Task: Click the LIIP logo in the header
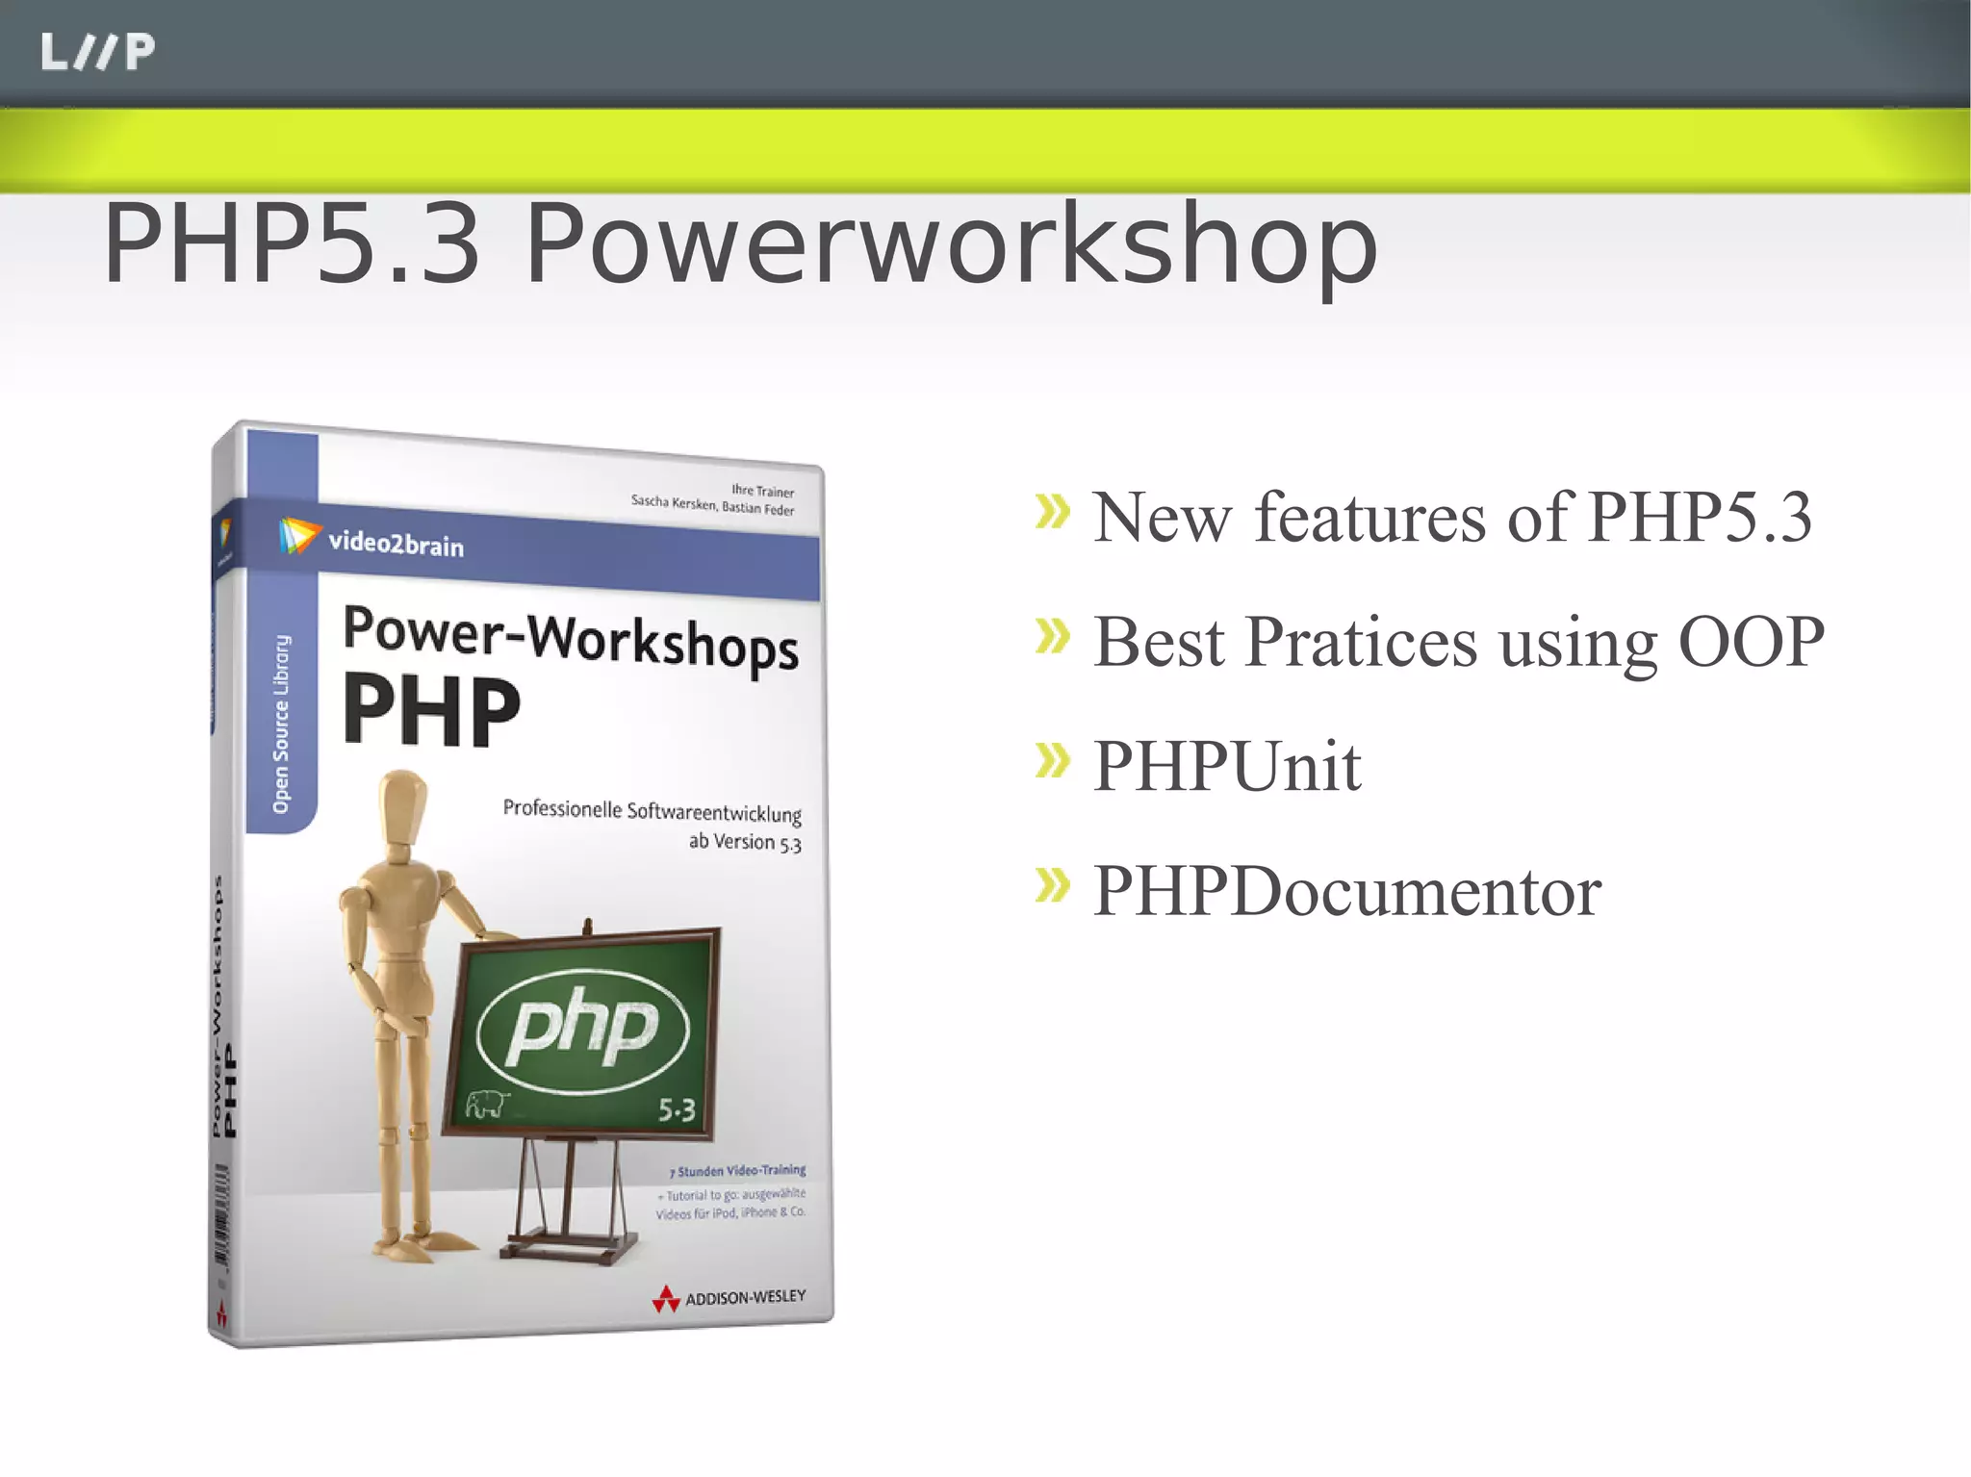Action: coord(97,52)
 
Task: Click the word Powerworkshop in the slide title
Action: coord(951,245)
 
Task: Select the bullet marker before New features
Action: coord(1052,512)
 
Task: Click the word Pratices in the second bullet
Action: coord(1361,642)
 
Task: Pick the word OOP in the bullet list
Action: coord(1751,642)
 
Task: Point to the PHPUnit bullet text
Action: coord(1227,767)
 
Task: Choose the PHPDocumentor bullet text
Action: coord(1346,891)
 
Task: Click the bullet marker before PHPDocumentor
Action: coord(1052,885)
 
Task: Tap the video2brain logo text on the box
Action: coord(396,545)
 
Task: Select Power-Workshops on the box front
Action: coord(571,637)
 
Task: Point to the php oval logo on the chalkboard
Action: coord(583,1029)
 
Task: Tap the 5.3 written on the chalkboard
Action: coord(676,1111)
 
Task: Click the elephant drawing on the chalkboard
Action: coord(486,1105)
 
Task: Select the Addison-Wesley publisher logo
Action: coord(729,1299)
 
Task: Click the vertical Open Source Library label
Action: coord(281,724)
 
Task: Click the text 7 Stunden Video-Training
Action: coord(737,1171)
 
